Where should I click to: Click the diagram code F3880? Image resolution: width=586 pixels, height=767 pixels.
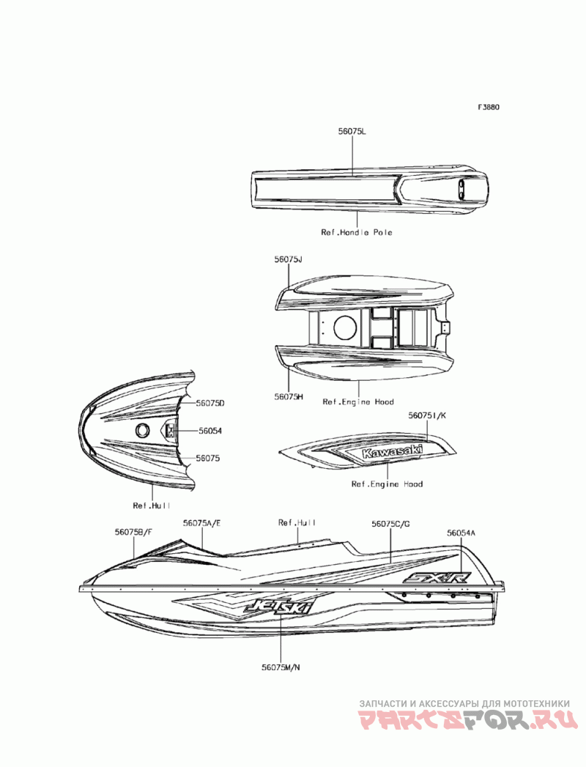pyautogui.click(x=489, y=107)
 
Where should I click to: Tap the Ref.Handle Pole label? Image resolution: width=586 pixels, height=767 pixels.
pyautogui.click(x=357, y=232)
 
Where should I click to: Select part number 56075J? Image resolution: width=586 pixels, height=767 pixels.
pyautogui.click(x=289, y=260)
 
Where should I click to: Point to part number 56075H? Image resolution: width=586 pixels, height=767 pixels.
pyautogui.click(x=289, y=396)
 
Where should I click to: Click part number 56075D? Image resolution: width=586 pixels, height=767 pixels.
pyautogui.click(x=209, y=404)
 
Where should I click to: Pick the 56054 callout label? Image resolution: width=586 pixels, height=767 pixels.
pyautogui.click(x=209, y=431)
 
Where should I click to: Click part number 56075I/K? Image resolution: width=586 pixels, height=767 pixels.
pyautogui.click(x=427, y=415)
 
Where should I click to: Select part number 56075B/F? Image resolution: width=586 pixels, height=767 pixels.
pyautogui.click(x=133, y=533)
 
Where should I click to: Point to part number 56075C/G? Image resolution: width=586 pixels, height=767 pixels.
pyautogui.click(x=390, y=524)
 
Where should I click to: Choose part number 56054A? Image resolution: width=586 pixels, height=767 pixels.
pyautogui.click(x=461, y=534)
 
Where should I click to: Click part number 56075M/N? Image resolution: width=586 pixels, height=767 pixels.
pyautogui.click(x=281, y=667)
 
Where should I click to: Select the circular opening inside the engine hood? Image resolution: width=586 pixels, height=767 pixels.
pyautogui.click(x=344, y=327)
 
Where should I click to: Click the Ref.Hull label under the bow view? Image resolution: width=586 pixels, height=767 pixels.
pyautogui.click(x=152, y=505)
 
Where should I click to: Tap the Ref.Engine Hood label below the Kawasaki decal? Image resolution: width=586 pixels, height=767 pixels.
pyautogui.click(x=387, y=484)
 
